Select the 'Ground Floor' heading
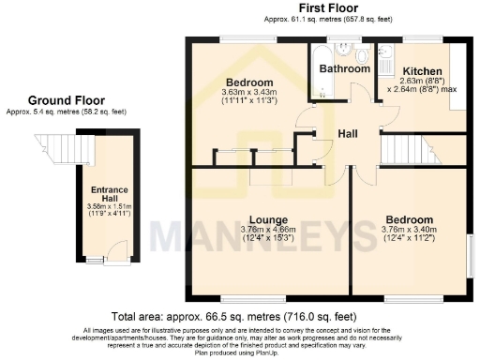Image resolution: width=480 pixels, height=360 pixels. coord(66,99)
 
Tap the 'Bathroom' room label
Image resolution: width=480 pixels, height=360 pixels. coord(344,68)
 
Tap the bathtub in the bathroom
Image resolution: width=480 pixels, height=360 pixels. coord(322,70)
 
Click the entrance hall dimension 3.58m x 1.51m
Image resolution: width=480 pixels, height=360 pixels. coord(110,206)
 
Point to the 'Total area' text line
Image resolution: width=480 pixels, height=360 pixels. coord(239,317)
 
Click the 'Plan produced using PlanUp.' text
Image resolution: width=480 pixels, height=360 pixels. coord(239,354)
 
